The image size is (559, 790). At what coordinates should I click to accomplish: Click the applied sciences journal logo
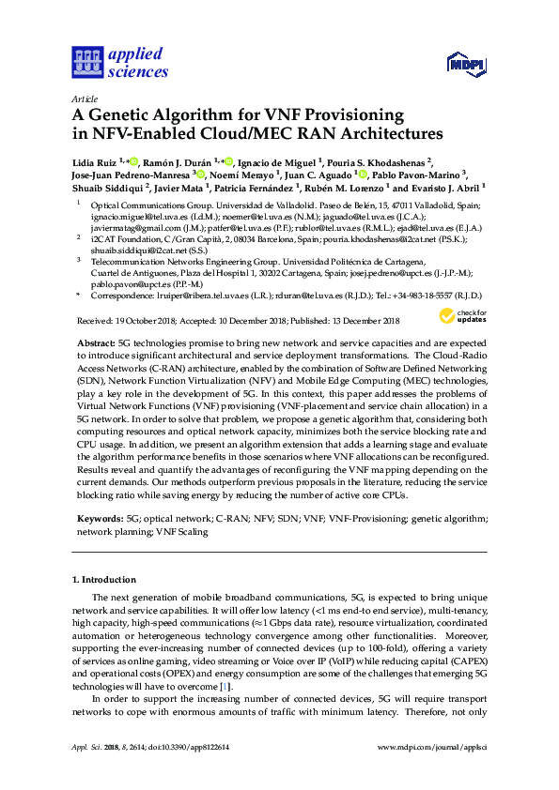coord(119,62)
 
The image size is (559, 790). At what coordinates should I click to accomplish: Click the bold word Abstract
coord(94,344)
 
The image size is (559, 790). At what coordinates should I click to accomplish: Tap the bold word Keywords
coord(99,517)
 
